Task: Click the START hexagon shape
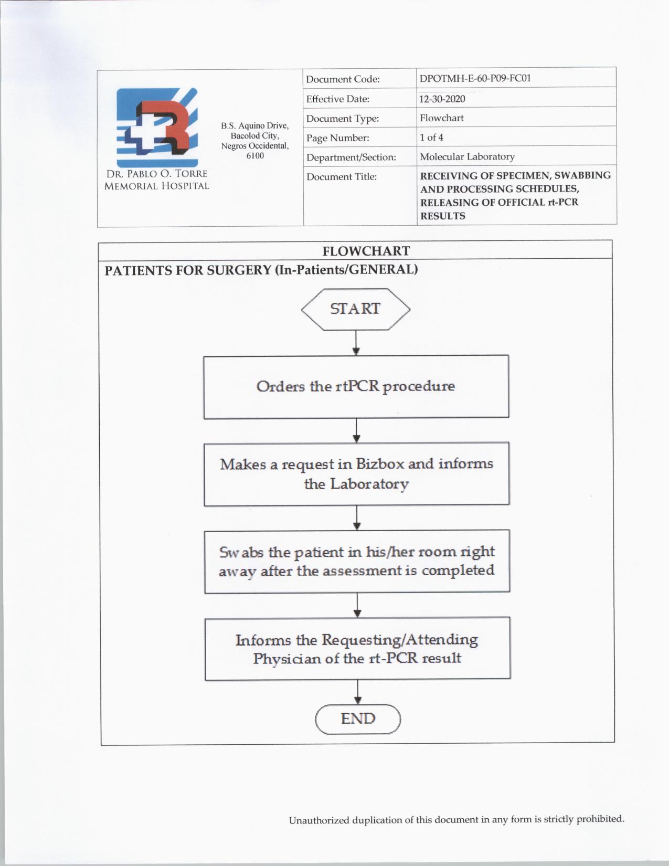[x=356, y=309]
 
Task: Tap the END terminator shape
[x=358, y=719]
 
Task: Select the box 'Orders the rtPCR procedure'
[x=356, y=387]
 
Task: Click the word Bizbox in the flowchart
[x=380, y=464]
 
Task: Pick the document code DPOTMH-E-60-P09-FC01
[x=475, y=78]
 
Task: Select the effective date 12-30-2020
[x=442, y=99]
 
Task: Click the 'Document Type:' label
[x=342, y=119]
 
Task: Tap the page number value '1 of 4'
[x=431, y=138]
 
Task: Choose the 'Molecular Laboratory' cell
[x=467, y=156]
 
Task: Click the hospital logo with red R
[x=157, y=128]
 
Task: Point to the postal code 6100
[x=255, y=156]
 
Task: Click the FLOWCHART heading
[x=366, y=251]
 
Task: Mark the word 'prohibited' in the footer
[x=600, y=819]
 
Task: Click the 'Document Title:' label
[x=342, y=177]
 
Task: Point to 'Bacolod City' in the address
[x=254, y=136]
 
